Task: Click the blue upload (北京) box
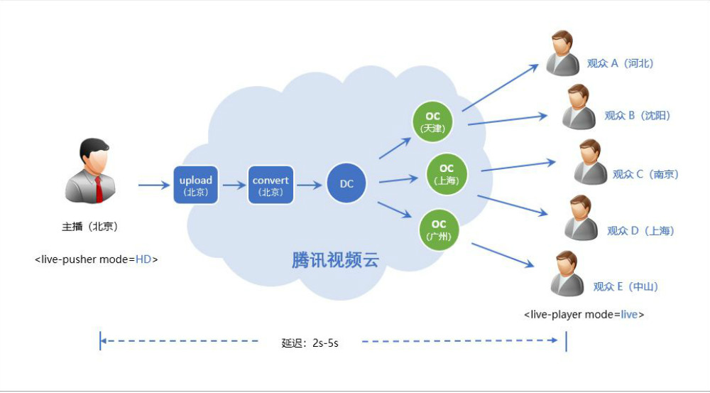(x=195, y=185)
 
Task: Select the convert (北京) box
(x=271, y=185)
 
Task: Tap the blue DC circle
(x=346, y=184)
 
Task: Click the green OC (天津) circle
(x=432, y=122)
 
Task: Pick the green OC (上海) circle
(x=446, y=173)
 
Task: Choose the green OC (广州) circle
(x=439, y=229)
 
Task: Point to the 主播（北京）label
(x=89, y=227)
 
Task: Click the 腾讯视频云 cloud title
(x=335, y=259)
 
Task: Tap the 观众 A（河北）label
(x=620, y=63)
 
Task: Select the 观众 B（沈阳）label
(x=637, y=115)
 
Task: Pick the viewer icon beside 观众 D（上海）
(x=580, y=219)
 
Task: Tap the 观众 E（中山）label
(x=626, y=286)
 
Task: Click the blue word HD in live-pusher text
(x=144, y=259)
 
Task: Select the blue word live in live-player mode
(x=629, y=314)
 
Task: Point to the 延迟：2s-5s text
(x=310, y=343)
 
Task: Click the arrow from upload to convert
(x=233, y=185)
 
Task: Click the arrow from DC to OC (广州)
(x=395, y=210)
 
